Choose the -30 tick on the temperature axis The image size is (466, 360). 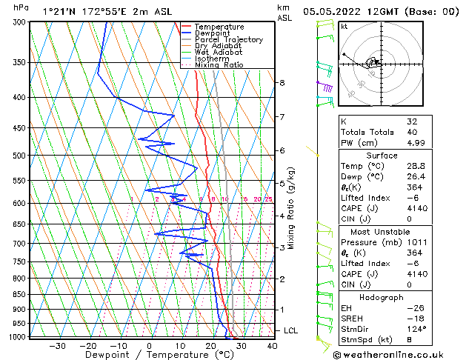pos(57,345)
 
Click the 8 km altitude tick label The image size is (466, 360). pos(282,83)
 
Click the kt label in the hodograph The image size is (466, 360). pos(344,27)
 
